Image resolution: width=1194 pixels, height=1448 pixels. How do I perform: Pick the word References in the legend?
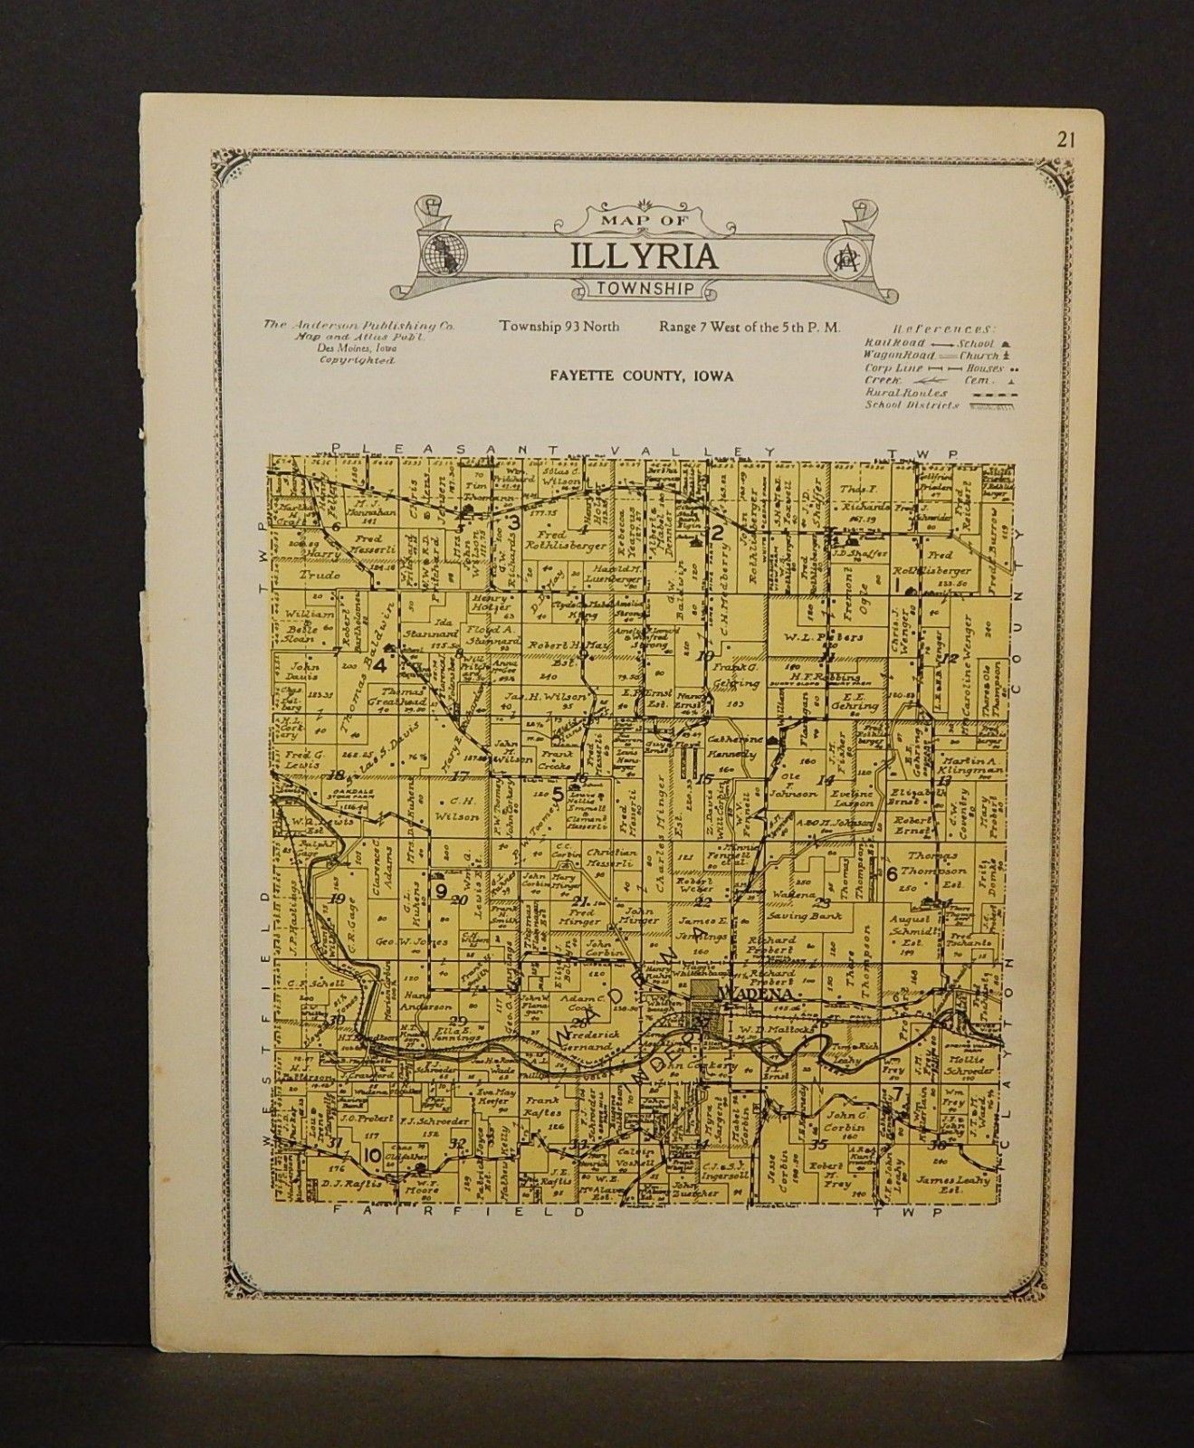[941, 329]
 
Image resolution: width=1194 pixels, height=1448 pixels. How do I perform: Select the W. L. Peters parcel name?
[817, 636]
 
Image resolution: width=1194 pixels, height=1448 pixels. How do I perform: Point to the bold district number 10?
[372, 1155]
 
